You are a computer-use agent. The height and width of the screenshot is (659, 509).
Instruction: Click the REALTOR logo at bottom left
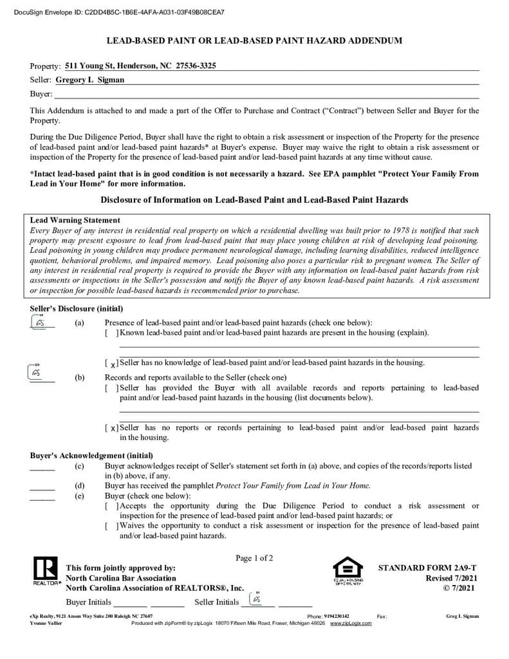(x=44, y=571)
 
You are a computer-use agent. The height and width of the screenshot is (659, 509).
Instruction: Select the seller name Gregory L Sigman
(x=90, y=80)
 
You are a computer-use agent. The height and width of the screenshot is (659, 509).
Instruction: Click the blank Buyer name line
(x=257, y=94)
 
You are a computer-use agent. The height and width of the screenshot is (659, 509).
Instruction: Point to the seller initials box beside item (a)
(x=41, y=322)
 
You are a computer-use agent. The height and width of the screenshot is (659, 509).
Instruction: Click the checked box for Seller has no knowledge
(x=112, y=363)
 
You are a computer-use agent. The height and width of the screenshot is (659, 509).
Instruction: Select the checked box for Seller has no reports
(x=112, y=428)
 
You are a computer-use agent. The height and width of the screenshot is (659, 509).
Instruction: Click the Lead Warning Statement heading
(x=75, y=220)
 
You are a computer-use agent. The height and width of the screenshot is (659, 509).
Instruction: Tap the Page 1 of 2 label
(x=254, y=558)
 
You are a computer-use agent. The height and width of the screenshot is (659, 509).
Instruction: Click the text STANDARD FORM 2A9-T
(x=427, y=568)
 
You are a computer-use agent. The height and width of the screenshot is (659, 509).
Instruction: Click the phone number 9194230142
(x=337, y=616)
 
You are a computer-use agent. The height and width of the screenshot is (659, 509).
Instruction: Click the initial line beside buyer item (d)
(x=42, y=487)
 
